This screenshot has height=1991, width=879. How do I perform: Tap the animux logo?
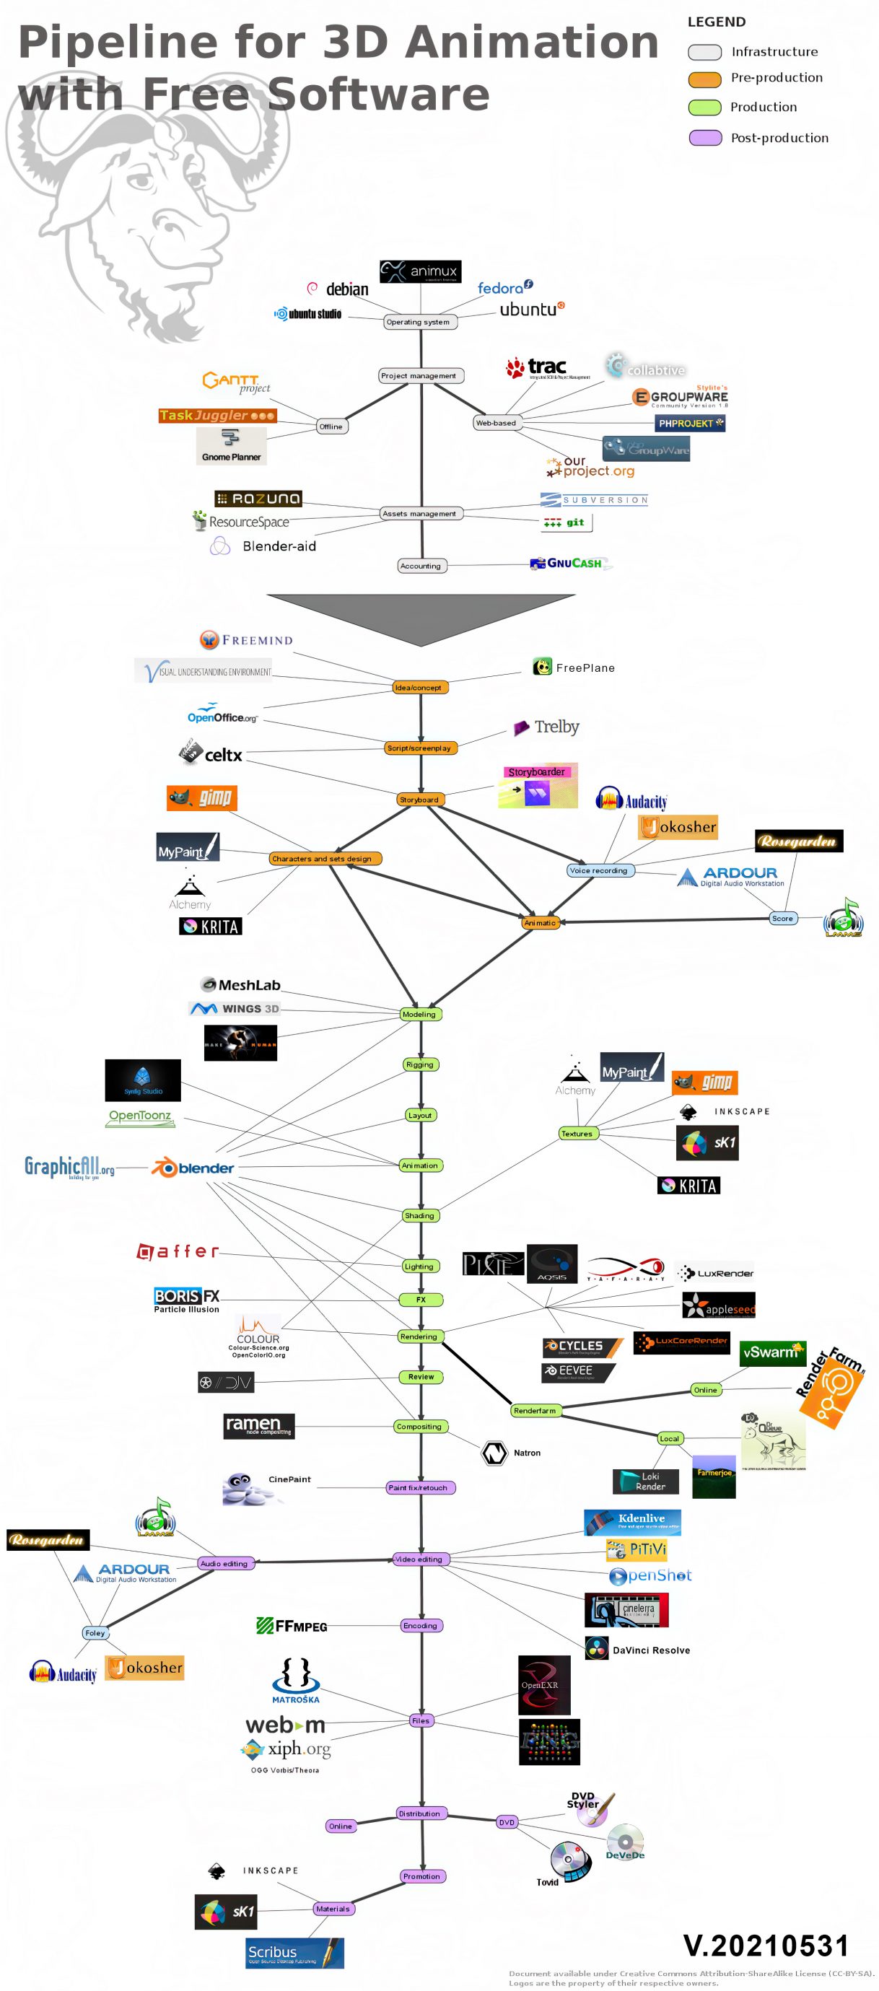tap(420, 271)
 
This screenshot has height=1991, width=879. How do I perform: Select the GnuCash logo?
tap(570, 564)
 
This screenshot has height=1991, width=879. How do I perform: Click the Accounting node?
tap(421, 566)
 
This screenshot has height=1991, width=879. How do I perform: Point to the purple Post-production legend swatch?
tap(704, 138)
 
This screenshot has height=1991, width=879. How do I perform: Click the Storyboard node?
tap(420, 799)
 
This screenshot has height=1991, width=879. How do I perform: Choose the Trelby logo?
tap(546, 727)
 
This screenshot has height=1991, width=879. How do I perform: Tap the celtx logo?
tap(211, 753)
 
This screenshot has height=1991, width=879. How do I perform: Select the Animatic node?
tap(540, 922)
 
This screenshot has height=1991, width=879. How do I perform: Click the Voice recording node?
tap(599, 870)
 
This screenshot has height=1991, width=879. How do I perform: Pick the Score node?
tap(782, 918)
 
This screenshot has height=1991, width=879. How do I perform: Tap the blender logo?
tap(193, 1168)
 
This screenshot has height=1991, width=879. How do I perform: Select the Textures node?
tap(577, 1133)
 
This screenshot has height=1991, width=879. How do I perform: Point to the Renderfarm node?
tap(535, 1411)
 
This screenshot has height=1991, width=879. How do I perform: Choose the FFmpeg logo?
tap(292, 1625)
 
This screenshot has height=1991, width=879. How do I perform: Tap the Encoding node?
tap(421, 1625)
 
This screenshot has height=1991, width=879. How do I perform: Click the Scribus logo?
tap(294, 1952)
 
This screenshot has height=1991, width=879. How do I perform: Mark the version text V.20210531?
tap(766, 1945)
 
